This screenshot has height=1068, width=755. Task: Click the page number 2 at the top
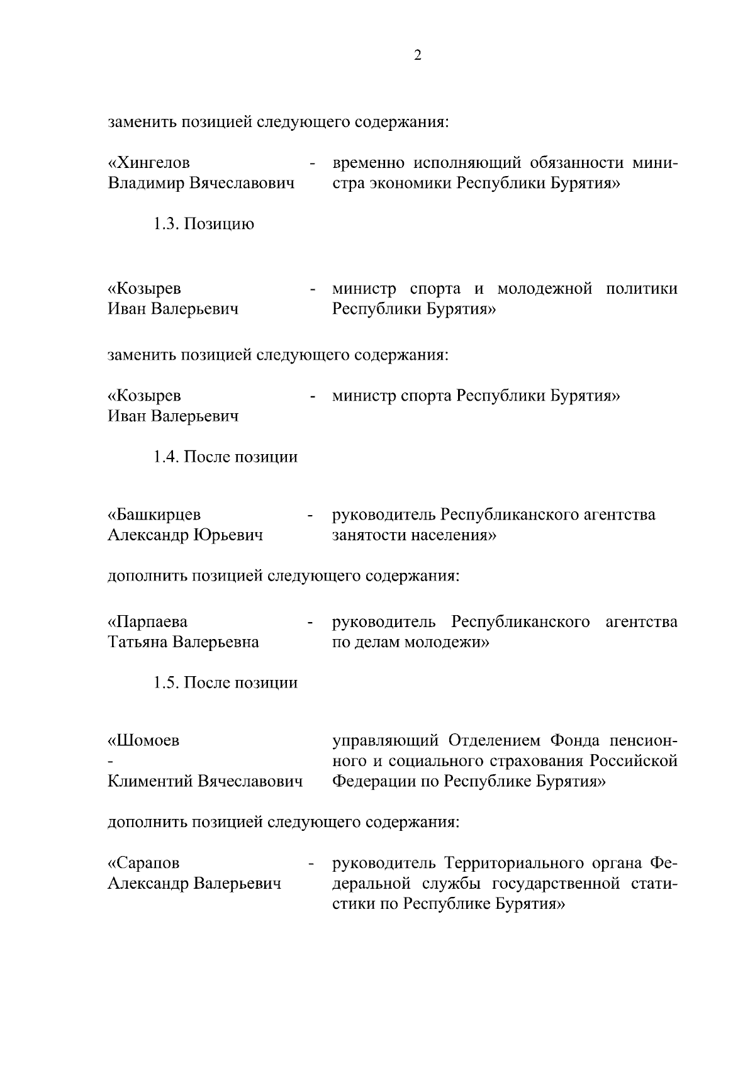[418, 55]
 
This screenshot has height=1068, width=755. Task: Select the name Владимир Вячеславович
[201, 184]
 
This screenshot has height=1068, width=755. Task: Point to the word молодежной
[545, 289]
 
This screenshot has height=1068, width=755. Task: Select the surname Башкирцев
[155, 515]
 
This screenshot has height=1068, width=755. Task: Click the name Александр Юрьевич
[186, 535]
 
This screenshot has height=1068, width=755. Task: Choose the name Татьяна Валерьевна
[184, 643]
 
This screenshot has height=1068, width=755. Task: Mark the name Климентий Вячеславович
[205, 782]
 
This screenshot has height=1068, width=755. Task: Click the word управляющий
[385, 740]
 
